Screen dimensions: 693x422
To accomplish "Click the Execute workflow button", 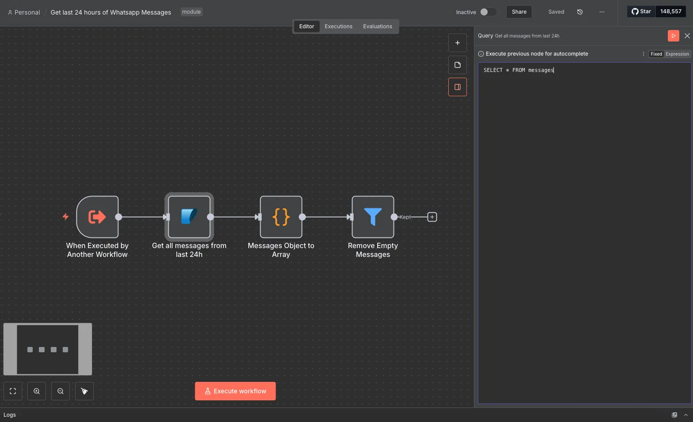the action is click(235, 391).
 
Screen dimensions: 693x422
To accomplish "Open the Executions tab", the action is click(338, 26).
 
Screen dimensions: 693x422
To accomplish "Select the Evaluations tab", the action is click(378, 26).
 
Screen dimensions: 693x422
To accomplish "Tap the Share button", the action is click(519, 12).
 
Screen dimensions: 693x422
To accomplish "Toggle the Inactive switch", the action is click(488, 12).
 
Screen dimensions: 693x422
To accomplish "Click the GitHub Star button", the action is click(641, 11).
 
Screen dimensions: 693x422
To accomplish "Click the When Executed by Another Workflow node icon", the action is click(97, 217).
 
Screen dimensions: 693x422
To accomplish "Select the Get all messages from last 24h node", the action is click(189, 217).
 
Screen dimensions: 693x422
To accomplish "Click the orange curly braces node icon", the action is click(281, 217).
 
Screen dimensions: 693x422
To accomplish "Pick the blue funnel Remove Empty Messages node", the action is click(373, 217).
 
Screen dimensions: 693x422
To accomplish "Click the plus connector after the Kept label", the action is click(432, 217).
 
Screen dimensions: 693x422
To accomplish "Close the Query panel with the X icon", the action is click(687, 36).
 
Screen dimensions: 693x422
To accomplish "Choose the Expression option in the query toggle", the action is click(677, 54).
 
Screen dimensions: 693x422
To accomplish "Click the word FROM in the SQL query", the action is click(519, 70).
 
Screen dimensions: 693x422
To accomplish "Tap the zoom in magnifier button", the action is click(37, 391).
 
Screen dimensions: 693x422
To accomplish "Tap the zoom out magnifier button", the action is click(61, 391).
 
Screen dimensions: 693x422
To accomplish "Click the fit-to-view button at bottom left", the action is click(13, 391).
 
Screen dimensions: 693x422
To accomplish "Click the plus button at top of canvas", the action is click(457, 43).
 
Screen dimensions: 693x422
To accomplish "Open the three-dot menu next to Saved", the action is click(602, 12).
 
